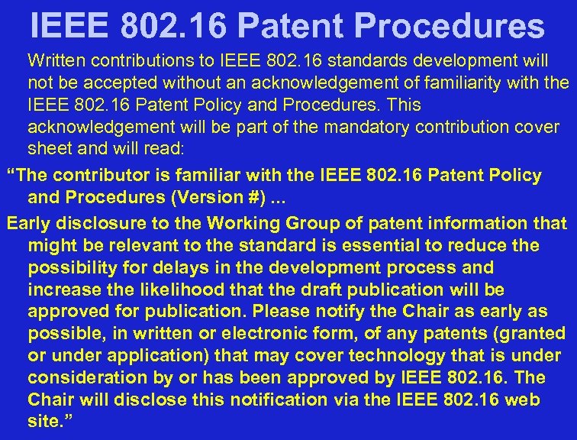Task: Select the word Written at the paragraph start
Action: pyautogui.click(x=58, y=59)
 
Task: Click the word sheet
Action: pyautogui.click(x=47, y=148)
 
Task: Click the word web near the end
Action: pyautogui.click(x=545, y=400)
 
